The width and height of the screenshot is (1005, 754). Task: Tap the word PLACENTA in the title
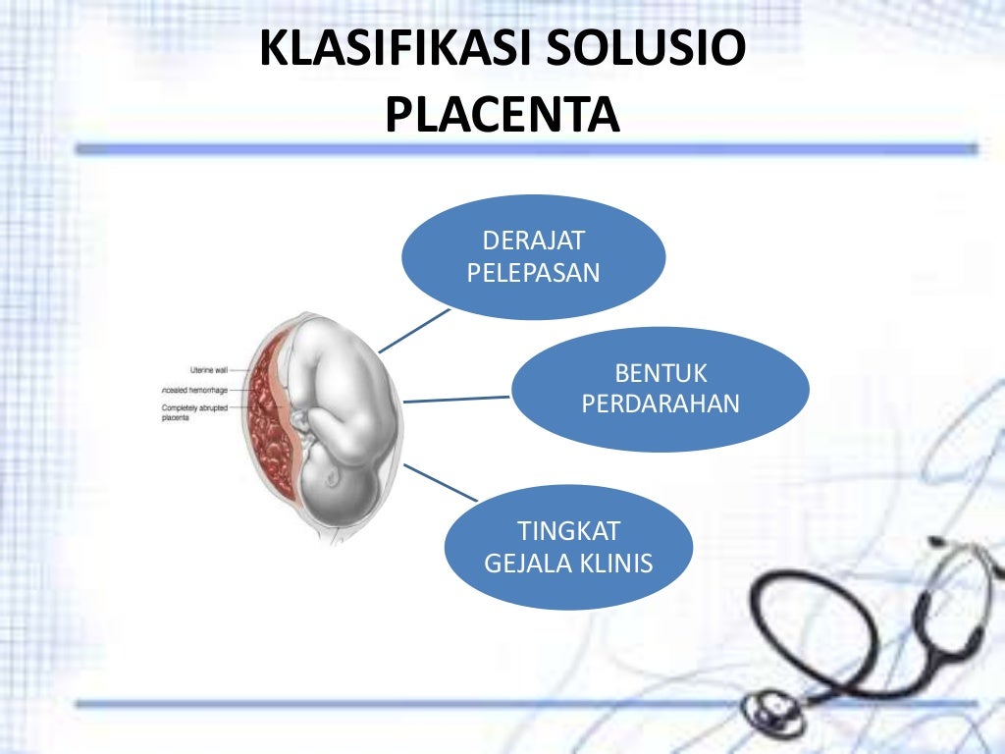pyautogui.click(x=502, y=115)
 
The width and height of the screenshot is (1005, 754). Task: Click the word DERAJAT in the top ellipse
pyautogui.click(x=533, y=242)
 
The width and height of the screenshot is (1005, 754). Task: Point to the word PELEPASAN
pyautogui.click(x=533, y=273)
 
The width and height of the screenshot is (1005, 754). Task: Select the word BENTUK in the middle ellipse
pyautogui.click(x=661, y=373)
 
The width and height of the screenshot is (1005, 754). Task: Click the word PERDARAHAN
pyautogui.click(x=661, y=404)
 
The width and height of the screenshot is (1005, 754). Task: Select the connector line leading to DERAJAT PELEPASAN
pyautogui.click(x=413, y=331)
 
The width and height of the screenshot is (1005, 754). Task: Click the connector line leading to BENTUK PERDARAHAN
pyautogui.click(x=456, y=399)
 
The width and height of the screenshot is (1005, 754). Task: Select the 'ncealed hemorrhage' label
pyautogui.click(x=194, y=390)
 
